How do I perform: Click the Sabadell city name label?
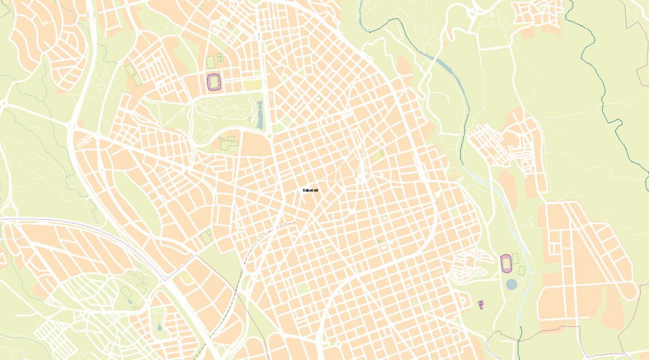310,190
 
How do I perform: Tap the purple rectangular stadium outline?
214,82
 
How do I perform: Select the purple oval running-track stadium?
506,263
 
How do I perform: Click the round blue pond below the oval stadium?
511,284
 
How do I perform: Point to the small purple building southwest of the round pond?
481,304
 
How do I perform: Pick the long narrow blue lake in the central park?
259,116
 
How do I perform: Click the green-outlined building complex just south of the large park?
228,143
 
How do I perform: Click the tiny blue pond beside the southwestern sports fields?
130,301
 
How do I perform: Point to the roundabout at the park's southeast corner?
269,134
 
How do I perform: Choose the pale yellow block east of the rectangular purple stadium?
251,84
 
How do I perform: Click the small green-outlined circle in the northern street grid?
318,99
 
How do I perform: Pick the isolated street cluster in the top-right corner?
538,16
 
